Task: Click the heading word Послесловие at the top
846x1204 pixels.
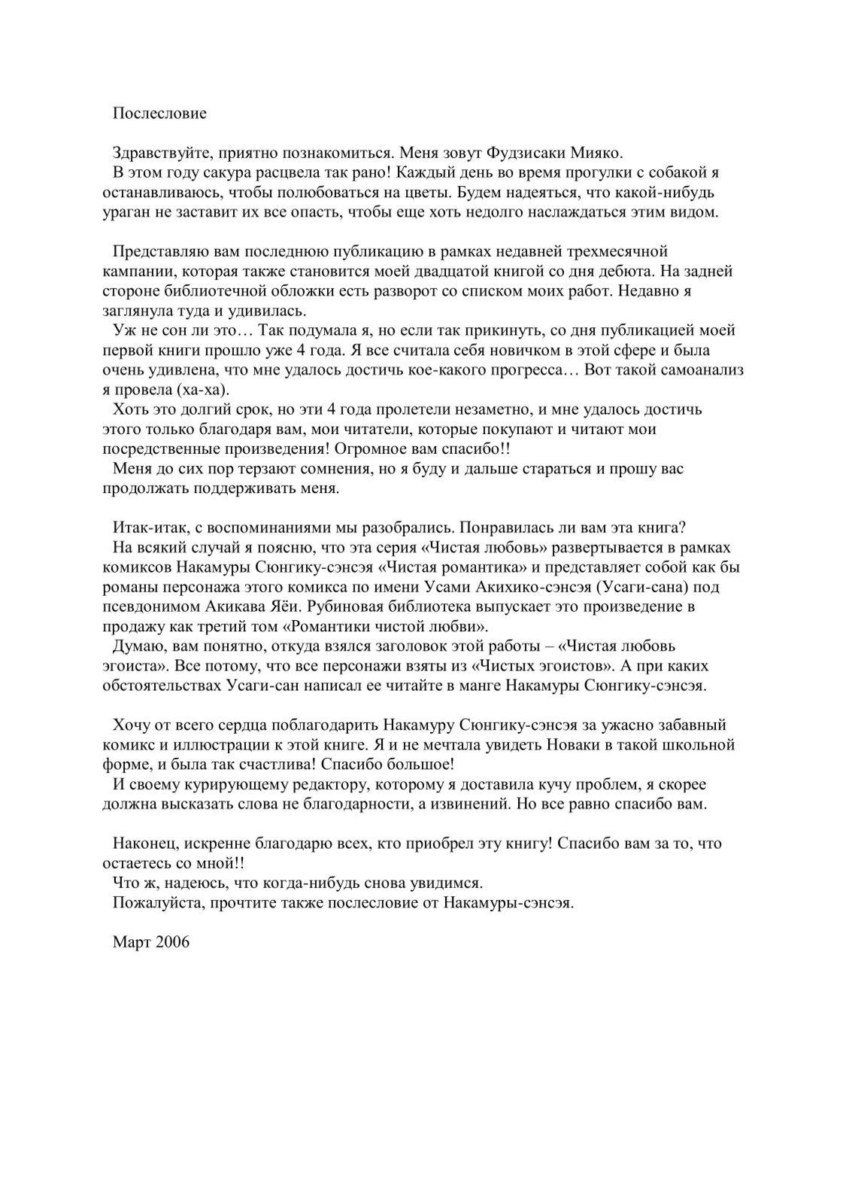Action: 159,114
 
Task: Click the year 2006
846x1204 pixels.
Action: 173,942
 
